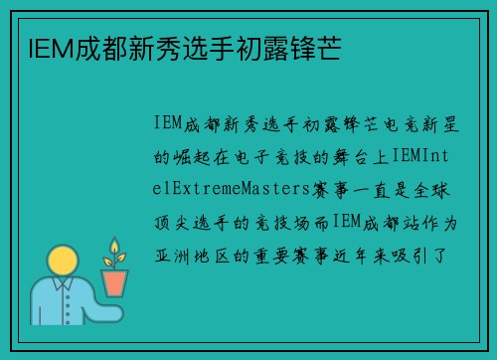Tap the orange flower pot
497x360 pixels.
[115, 283]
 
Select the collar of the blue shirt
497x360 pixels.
[62, 285]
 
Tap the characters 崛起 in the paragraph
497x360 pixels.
[200, 156]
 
